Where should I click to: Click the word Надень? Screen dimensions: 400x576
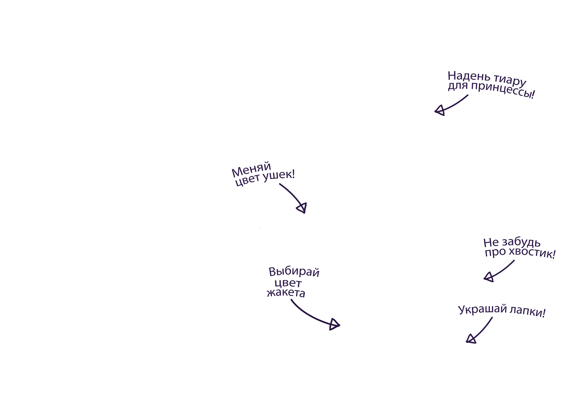[469, 76]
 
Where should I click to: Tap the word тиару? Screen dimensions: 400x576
[510, 79]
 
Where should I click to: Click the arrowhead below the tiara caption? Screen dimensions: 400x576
[440, 110]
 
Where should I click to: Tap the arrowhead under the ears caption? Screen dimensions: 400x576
[302, 208]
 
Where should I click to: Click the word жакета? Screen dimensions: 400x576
[286, 293]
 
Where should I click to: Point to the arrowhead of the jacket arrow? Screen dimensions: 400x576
[334, 324]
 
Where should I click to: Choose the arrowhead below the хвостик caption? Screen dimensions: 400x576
[489, 277]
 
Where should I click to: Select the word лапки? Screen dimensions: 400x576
[527, 312]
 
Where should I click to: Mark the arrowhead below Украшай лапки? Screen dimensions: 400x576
[471, 339]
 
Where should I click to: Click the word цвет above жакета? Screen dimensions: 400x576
[288, 283]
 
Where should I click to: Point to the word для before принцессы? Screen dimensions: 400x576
[458, 86]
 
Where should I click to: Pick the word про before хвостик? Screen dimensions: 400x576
[495, 252]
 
